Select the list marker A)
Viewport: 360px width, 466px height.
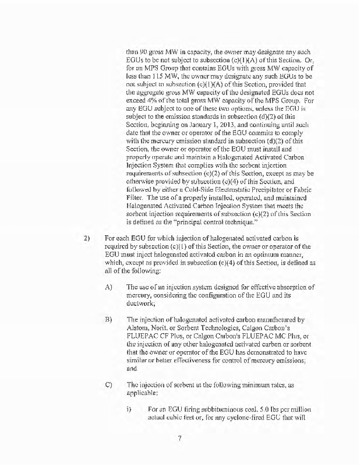pyautogui.click(x=108, y=287)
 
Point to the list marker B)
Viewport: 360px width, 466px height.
pyautogui.click(x=108, y=320)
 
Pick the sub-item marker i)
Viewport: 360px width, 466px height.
pyautogui.click(x=129, y=394)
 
